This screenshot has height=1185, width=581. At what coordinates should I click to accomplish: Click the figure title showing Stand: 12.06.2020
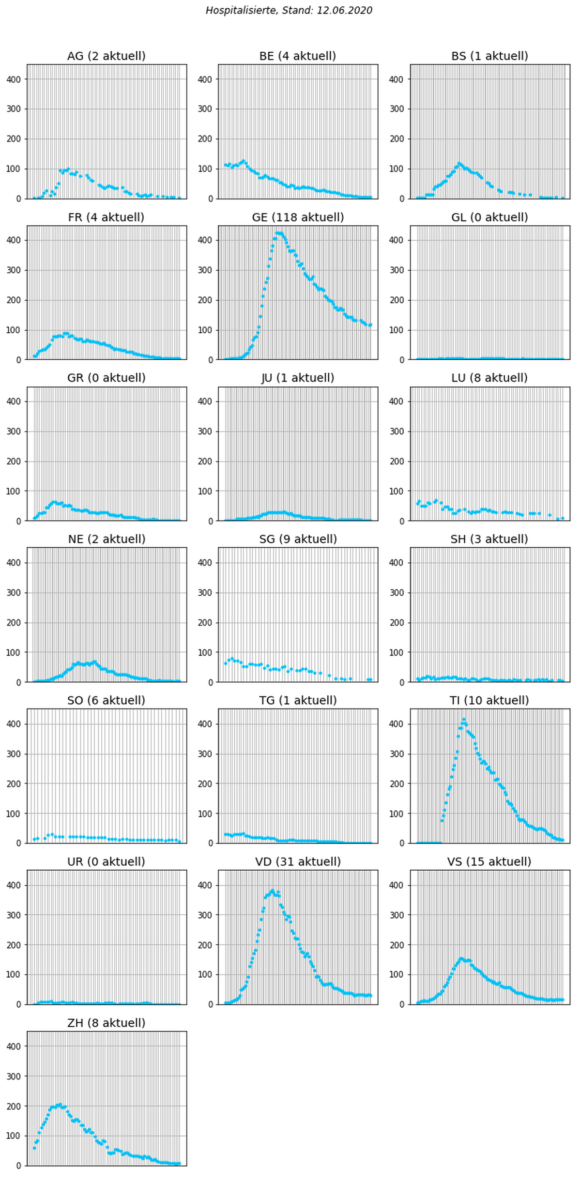coord(289,10)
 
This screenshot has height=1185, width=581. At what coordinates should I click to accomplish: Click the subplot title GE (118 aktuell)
coord(298,217)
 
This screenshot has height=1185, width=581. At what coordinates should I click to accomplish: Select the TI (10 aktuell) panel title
coord(489,700)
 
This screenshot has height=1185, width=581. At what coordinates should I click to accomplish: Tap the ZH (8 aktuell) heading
coord(106,1023)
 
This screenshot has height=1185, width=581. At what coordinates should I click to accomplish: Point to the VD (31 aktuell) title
coord(298,862)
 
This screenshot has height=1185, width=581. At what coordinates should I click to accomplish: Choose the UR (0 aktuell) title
coord(106,862)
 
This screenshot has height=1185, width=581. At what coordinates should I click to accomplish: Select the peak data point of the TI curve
coord(464,720)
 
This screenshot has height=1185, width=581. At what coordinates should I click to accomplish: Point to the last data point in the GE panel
coord(370,325)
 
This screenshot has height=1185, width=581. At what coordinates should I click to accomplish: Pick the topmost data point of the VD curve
coord(272,891)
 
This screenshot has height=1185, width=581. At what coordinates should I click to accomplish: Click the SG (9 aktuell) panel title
coord(298,539)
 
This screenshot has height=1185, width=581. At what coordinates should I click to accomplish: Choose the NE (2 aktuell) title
coord(106,539)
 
